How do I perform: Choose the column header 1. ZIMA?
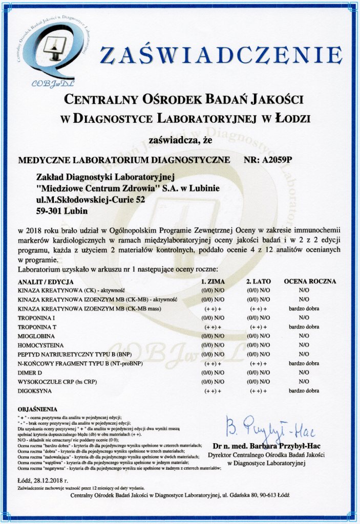tap(213, 281)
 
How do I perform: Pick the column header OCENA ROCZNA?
tap(309, 281)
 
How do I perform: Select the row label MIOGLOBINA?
tap(37, 336)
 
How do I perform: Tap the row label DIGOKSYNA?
tap(36, 391)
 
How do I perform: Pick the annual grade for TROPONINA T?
tap(304, 326)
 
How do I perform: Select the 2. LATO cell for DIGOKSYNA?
tap(258, 391)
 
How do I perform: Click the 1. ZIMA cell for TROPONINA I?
tap(213, 317)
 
